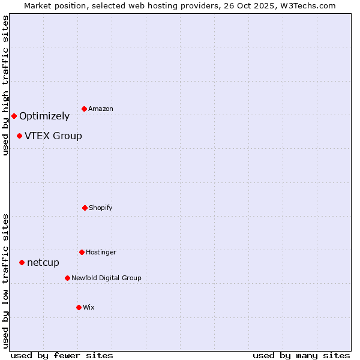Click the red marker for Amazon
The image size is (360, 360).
click(x=85, y=109)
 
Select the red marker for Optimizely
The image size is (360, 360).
click(x=14, y=116)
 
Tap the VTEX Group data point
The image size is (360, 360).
click(x=19, y=136)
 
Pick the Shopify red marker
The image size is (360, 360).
click(x=85, y=208)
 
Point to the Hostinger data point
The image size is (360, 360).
click(x=82, y=252)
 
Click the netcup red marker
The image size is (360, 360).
click(x=22, y=262)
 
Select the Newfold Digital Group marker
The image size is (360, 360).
click(x=67, y=278)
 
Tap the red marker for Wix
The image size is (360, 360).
click(x=79, y=307)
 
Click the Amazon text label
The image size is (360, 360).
click(x=101, y=109)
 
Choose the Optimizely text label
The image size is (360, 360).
click(x=44, y=116)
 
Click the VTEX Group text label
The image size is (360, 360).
click(x=53, y=136)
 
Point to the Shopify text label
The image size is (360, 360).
click(x=101, y=208)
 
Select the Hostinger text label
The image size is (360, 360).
click(x=101, y=252)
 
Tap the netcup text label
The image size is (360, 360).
click(x=43, y=262)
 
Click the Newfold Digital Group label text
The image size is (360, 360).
click(x=106, y=278)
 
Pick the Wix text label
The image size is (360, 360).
click(x=89, y=307)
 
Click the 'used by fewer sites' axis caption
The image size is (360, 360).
click(x=62, y=355)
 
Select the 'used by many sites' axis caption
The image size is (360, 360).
click(x=301, y=355)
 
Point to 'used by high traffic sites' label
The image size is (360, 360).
click(x=5, y=85)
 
